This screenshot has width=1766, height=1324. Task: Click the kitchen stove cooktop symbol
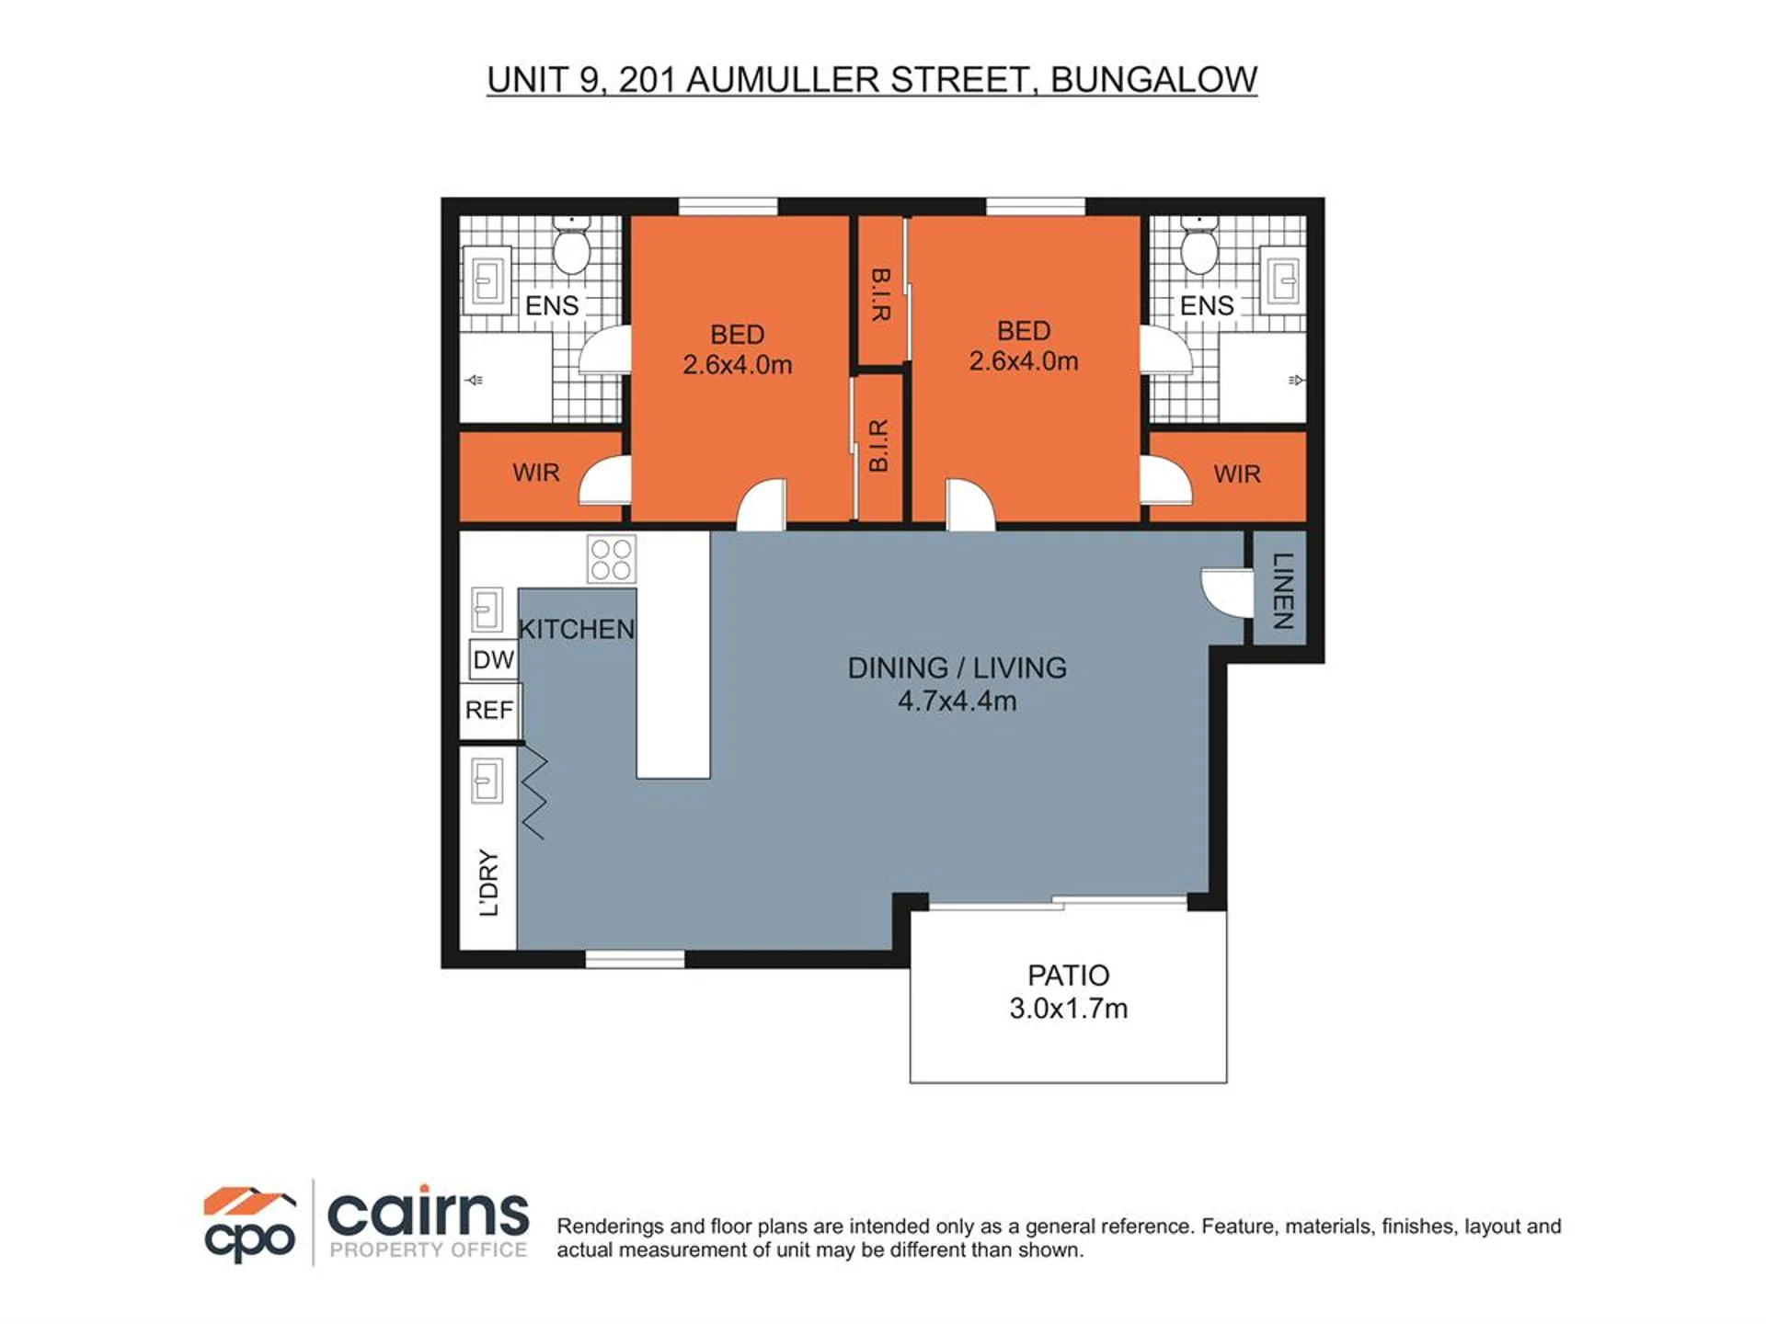click(611, 559)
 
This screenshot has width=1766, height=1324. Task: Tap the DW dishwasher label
click(493, 659)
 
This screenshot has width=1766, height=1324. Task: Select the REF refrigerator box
click(490, 710)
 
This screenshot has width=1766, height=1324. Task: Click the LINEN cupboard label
click(1283, 590)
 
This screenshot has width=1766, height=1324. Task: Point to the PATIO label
click(1068, 975)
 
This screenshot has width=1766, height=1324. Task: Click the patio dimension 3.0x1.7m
click(1068, 1009)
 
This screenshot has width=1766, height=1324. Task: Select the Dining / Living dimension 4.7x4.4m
click(958, 701)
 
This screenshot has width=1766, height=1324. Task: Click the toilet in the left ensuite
click(571, 244)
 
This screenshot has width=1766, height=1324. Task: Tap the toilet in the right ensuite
click(1199, 244)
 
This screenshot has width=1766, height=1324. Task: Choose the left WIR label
click(536, 473)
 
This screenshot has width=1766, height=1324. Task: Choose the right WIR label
click(1237, 474)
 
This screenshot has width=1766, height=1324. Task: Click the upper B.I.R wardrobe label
click(880, 294)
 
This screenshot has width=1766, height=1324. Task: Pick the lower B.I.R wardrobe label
click(879, 446)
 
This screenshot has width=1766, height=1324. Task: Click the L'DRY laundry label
click(489, 883)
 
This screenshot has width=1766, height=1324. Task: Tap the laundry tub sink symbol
click(487, 782)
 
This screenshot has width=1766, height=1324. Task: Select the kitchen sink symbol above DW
click(487, 610)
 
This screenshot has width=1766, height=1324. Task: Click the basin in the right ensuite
click(1282, 280)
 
